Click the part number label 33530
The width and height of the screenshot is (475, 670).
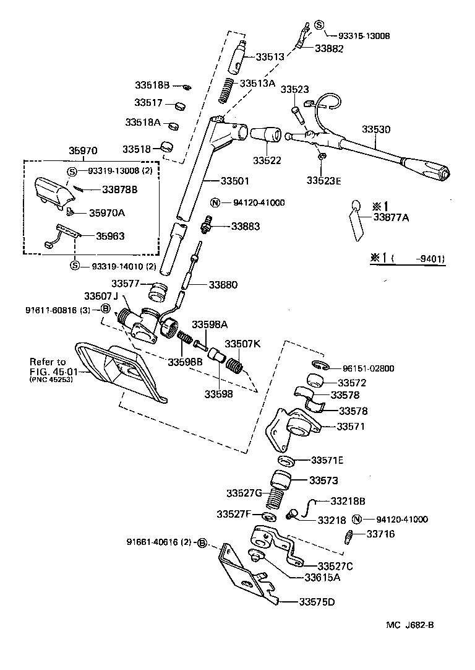tap(377, 129)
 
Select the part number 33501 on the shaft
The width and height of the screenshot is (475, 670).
tap(236, 181)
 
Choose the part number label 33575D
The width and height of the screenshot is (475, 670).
tap(319, 601)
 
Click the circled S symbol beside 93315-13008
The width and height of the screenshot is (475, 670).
tap(319, 25)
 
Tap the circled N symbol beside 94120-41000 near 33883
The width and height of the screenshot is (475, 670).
tap(215, 202)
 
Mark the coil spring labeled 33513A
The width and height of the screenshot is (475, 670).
tap(228, 90)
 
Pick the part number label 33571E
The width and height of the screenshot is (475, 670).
tap(327, 460)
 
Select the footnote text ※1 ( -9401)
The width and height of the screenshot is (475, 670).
tap(408, 259)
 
